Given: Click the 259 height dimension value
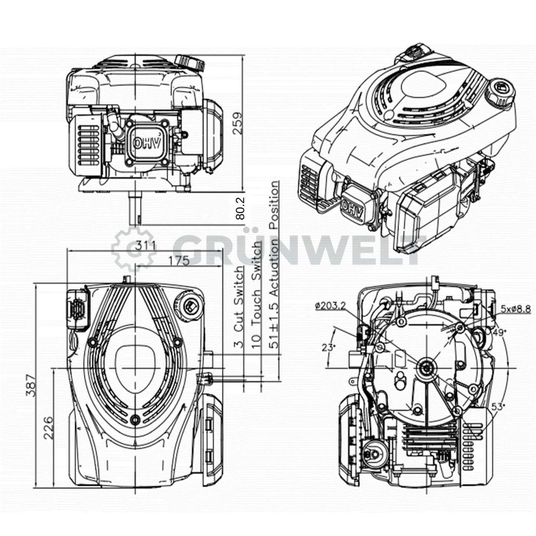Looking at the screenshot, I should click(x=238, y=123).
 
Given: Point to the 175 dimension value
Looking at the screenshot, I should click(x=179, y=261).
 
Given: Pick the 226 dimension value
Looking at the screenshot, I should click(x=48, y=428).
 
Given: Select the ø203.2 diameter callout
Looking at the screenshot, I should click(x=330, y=306).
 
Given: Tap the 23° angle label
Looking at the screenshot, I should click(x=328, y=348).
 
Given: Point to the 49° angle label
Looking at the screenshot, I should click(x=499, y=332).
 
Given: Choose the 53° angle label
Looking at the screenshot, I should click(x=498, y=407).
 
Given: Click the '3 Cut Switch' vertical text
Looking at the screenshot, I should click(x=239, y=307).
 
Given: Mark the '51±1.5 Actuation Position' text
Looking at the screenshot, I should click(x=274, y=264).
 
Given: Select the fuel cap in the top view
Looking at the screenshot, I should click(x=189, y=305).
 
